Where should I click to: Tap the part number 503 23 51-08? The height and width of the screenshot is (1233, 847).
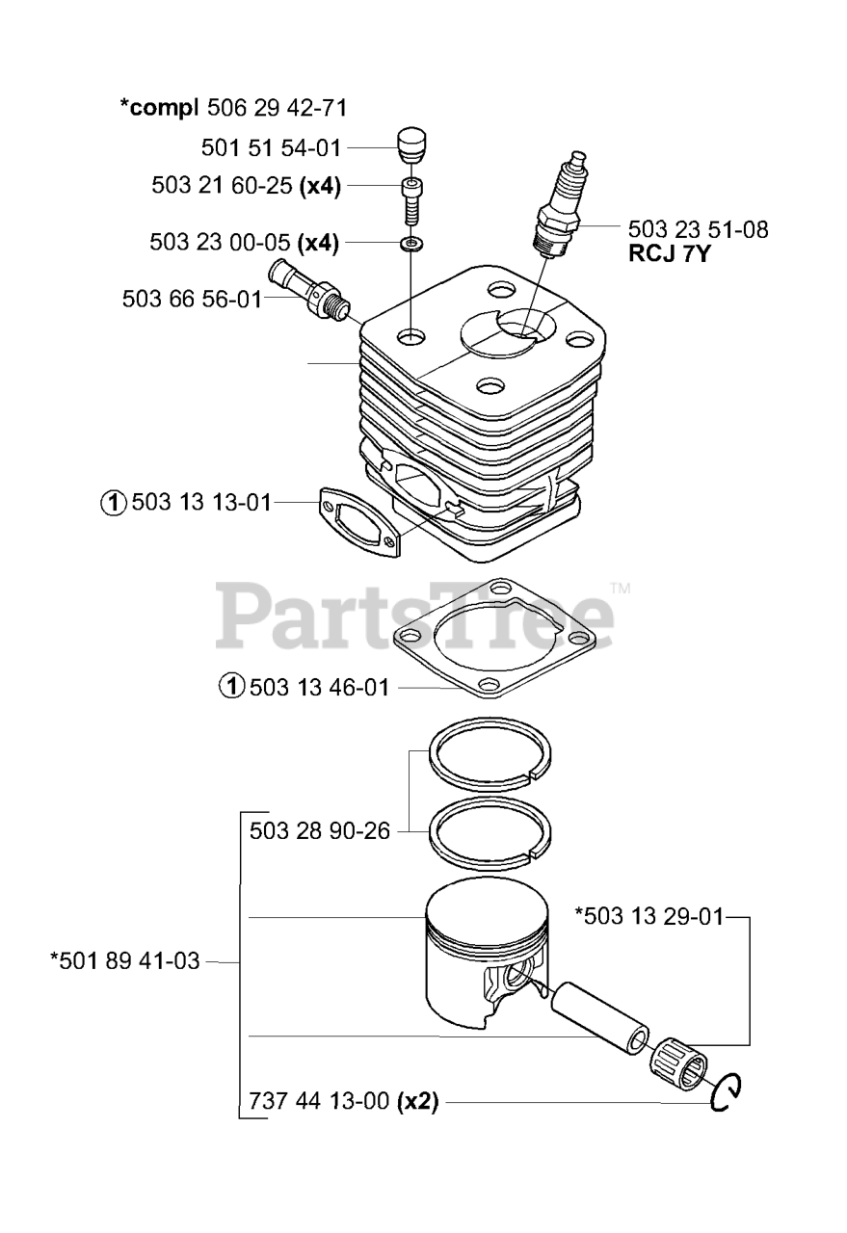click(698, 229)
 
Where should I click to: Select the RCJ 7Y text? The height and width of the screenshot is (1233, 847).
click(669, 253)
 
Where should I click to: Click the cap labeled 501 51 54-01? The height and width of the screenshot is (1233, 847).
click(412, 145)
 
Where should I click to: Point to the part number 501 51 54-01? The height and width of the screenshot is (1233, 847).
click(271, 148)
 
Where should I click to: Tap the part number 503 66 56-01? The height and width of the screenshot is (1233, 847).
click(192, 300)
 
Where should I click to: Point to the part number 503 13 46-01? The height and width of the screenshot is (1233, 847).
click(319, 688)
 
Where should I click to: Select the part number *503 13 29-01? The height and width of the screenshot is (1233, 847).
click(649, 916)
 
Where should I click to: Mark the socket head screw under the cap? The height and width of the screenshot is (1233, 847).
click(411, 201)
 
